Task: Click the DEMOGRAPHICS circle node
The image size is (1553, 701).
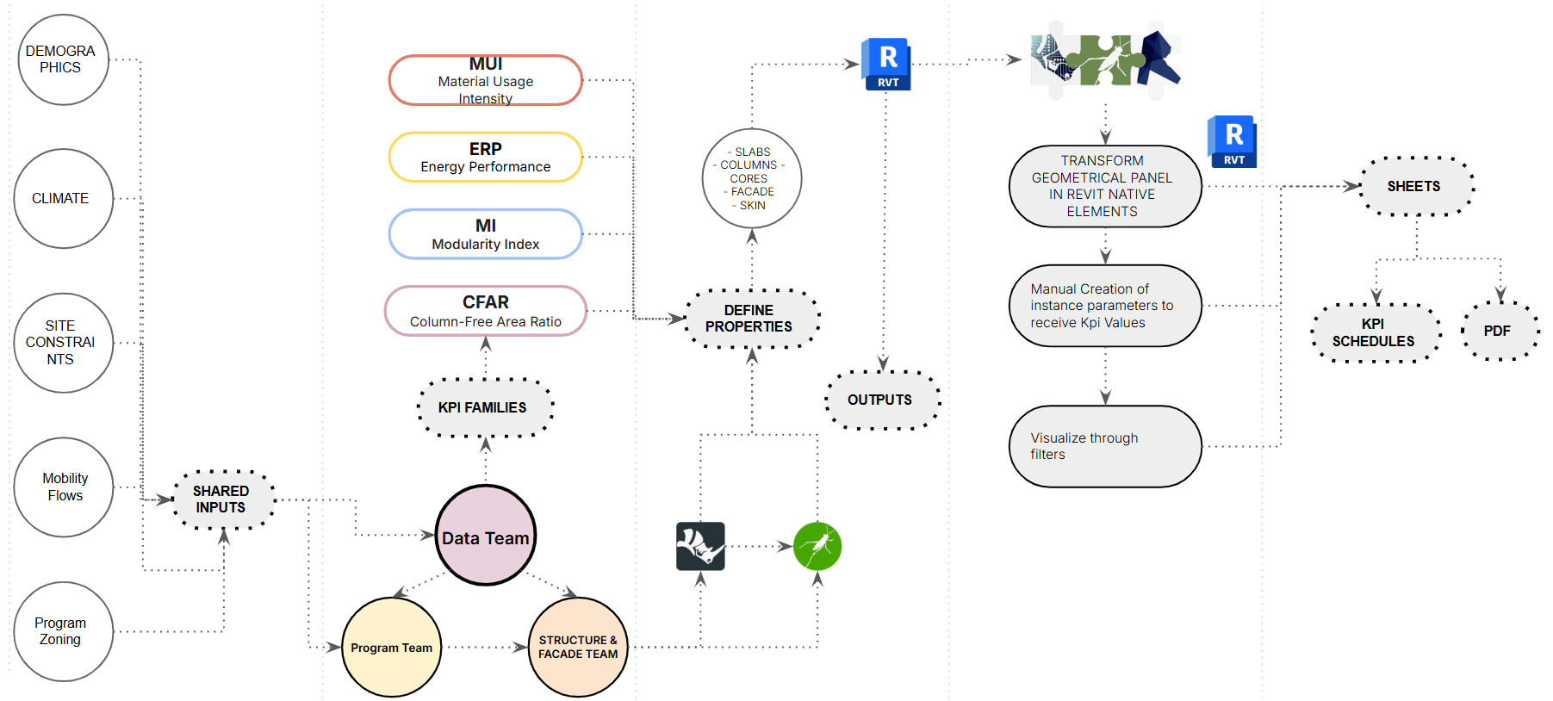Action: click(63, 59)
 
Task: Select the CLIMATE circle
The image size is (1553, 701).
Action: click(63, 198)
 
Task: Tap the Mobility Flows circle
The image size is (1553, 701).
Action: click(63, 487)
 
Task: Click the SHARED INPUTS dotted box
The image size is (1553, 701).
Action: click(223, 499)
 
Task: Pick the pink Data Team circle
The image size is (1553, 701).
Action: click(485, 536)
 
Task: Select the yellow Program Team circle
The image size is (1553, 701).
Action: click(392, 647)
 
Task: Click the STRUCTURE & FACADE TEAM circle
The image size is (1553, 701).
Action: click(578, 647)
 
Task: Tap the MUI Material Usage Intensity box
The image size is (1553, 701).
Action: click(485, 80)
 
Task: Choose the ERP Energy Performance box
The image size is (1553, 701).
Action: click(485, 157)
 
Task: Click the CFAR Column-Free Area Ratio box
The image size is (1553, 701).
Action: click(485, 311)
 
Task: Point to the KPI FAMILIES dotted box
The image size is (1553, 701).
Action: click(484, 407)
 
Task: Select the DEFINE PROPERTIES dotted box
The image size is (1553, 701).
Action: click(751, 319)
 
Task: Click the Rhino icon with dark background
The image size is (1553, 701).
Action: click(700, 546)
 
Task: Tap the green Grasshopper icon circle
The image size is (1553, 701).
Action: click(817, 546)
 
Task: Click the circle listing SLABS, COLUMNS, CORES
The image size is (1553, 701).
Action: click(751, 178)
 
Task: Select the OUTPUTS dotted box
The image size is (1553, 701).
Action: click(881, 400)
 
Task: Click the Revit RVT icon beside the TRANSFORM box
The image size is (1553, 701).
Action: click(1233, 141)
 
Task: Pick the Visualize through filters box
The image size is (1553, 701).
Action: click(1105, 446)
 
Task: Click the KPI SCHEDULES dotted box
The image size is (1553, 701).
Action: click(1375, 332)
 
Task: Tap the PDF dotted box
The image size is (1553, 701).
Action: click(1499, 331)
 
